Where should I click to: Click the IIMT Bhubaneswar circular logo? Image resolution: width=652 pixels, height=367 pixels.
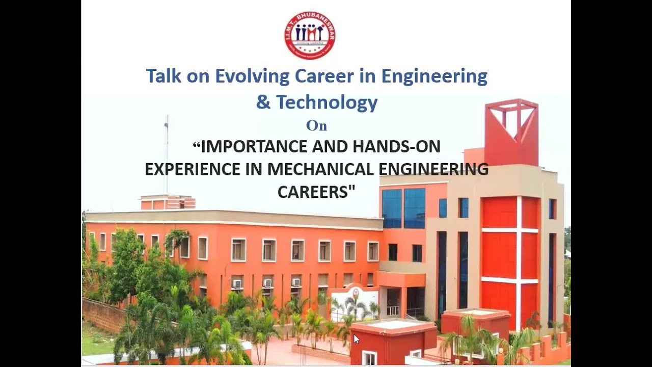310,34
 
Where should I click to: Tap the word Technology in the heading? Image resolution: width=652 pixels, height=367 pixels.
326,102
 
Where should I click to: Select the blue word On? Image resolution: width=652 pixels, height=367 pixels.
316,125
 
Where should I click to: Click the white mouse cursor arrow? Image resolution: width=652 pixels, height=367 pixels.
356,338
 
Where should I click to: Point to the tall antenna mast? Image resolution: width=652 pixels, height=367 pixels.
166,153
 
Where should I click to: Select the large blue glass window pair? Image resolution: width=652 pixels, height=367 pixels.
403,208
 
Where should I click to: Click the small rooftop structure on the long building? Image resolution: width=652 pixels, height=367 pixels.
167,202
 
